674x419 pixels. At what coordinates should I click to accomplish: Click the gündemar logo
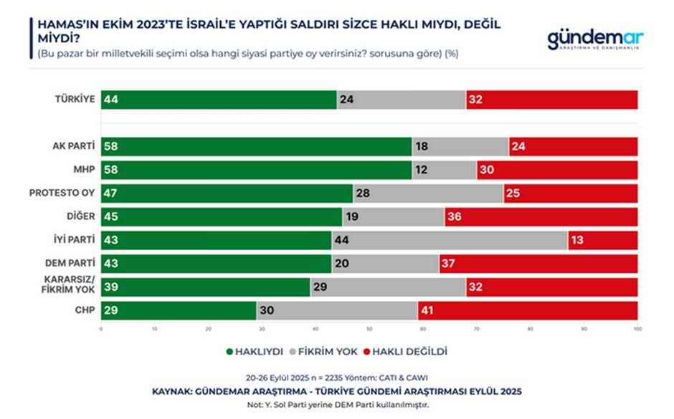point(595,39)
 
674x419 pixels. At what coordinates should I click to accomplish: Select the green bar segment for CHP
point(179,311)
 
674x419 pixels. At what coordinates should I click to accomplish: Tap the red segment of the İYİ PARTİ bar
point(602,240)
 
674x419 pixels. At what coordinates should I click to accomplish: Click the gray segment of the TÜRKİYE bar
point(401,100)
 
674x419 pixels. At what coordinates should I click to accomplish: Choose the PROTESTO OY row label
point(62,193)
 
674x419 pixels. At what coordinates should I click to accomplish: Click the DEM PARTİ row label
point(70,264)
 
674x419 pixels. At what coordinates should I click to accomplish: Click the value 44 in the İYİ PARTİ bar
point(341,241)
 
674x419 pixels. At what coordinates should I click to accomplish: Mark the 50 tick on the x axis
point(369,329)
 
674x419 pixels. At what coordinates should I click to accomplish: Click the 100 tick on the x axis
point(637,329)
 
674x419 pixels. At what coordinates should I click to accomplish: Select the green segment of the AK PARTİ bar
point(257,147)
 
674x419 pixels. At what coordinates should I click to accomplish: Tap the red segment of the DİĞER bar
point(541,217)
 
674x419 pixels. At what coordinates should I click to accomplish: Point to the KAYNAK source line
point(336,392)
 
